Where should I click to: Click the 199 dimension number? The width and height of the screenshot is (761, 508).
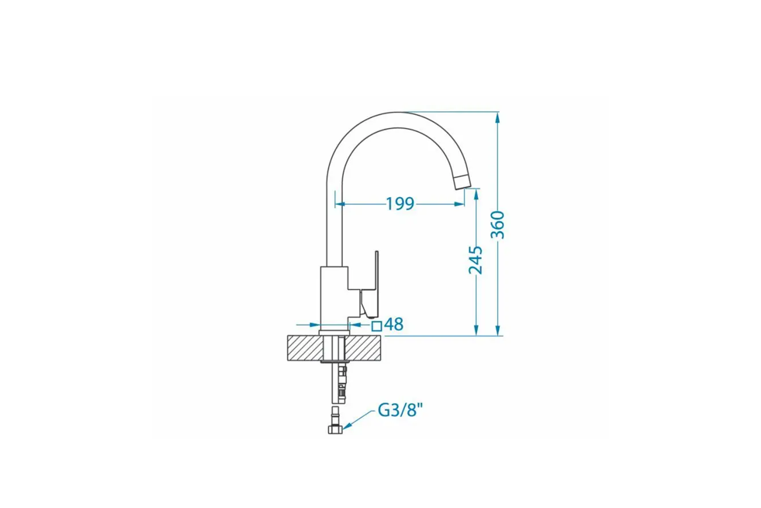pyautogui.click(x=400, y=204)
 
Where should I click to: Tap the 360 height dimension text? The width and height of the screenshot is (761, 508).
pyautogui.click(x=498, y=225)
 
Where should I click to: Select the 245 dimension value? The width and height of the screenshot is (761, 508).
pyautogui.click(x=476, y=260)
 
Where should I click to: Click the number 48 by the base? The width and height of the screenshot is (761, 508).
pyautogui.click(x=394, y=324)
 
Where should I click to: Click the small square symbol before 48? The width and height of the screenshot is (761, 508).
pyautogui.click(x=377, y=326)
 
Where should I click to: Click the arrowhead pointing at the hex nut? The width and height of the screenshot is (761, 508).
pyautogui.click(x=346, y=426)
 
